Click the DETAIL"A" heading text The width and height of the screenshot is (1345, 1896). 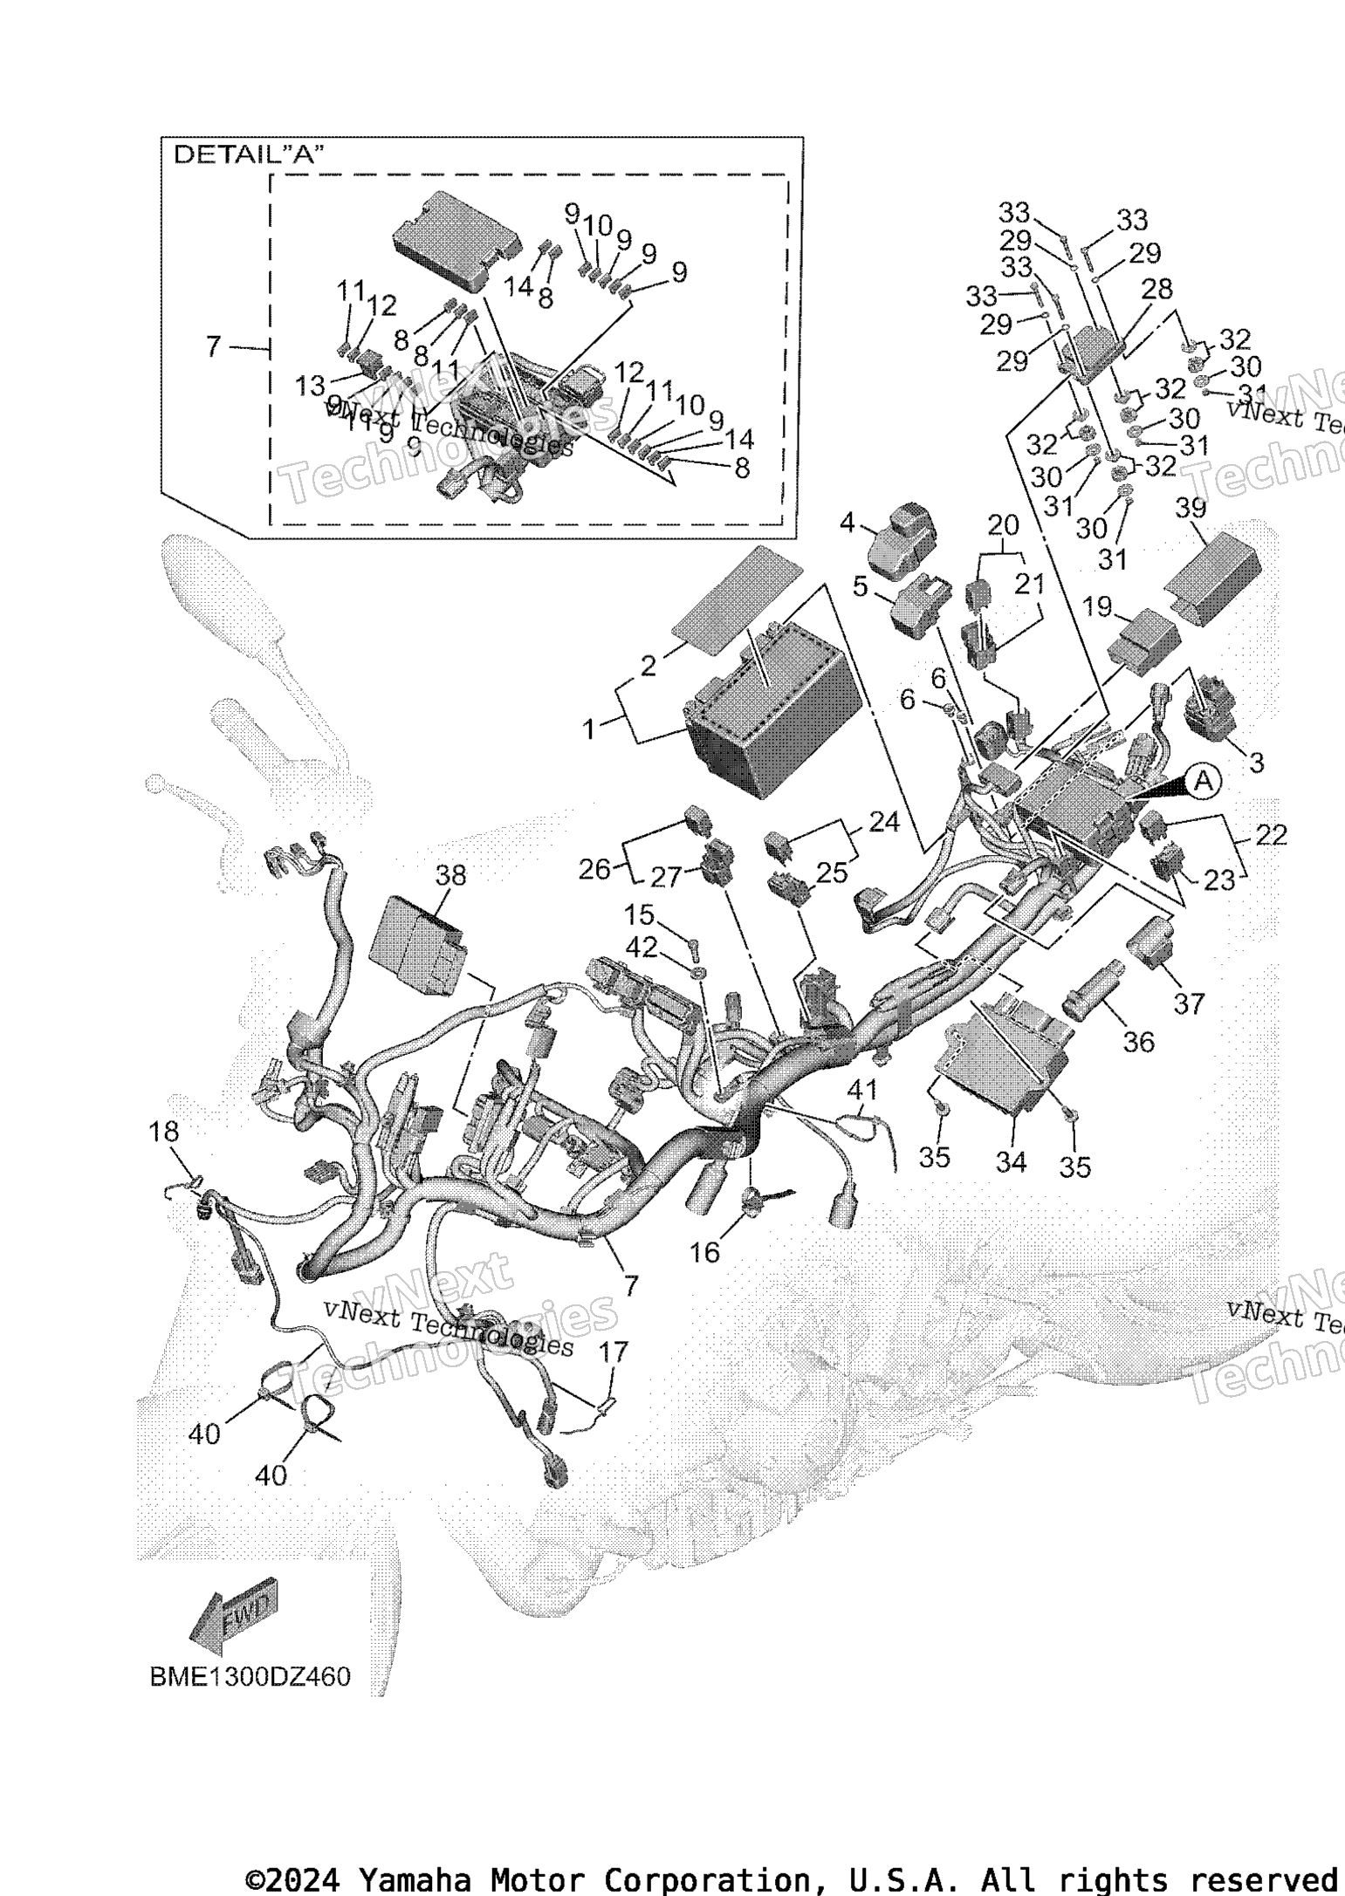(249, 155)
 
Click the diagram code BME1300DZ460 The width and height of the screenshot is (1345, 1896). (250, 1677)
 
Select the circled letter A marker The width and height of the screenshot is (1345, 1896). (1202, 781)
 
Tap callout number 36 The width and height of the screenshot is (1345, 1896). (1138, 1041)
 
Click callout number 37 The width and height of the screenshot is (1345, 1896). (1188, 1003)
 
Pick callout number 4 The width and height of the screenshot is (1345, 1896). (847, 524)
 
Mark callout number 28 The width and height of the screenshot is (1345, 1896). (1157, 290)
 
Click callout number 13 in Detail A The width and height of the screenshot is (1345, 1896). (310, 384)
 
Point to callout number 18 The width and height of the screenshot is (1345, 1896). (163, 1132)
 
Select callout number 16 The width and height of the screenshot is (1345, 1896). (704, 1252)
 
